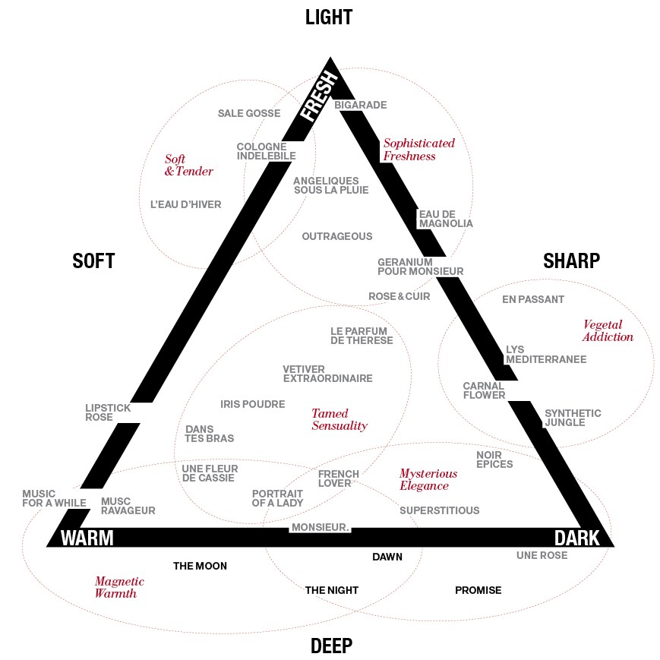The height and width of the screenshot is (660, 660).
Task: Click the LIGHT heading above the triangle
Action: pyautogui.click(x=329, y=17)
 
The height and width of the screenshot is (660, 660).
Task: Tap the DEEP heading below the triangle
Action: pyautogui.click(x=331, y=646)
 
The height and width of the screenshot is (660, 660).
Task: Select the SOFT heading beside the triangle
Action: pyautogui.click(x=93, y=261)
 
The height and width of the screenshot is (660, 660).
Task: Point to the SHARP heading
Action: pyautogui.click(x=572, y=261)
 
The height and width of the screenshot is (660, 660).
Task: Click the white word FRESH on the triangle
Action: pyautogui.click(x=319, y=96)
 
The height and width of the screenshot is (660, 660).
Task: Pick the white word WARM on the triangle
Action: pyautogui.click(x=87, y=538)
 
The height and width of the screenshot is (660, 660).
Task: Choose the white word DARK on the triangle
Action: pyautogui.click(x=576, y=538)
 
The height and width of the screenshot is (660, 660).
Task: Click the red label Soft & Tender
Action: pyautogui.click(x=188, y=165)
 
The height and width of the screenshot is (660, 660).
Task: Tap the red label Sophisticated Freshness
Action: pyautogui.click(x=418, y=150)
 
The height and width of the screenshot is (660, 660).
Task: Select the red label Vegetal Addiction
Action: pyautogui.click(x=608, y=330)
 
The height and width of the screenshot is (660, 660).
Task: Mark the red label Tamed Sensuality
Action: pyautogui.click(x=339, y=419)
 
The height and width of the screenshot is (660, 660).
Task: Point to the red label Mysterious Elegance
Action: pyautogui.click(x=428, y=479)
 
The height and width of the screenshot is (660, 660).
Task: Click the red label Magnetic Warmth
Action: pyautogui.click(x=119, y=587)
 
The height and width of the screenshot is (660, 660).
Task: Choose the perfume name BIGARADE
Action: pyautogui.click(x=360, y=105)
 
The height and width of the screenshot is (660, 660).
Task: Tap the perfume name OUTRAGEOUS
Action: pyautogui.click(x=337, y=236)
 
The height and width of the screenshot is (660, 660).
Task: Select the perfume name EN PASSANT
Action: pyautogui.click(x=533, y=299)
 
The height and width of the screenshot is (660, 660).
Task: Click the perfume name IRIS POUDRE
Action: pyautogui.click(x=253, y=404)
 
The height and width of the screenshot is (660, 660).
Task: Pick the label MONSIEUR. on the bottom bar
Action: pyautogui.click(x=321, y=527)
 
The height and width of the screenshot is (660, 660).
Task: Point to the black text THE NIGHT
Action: pyautogui.click(x=332, y=590)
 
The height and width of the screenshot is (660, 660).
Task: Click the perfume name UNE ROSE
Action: pyautogui.click(x=542, y=556)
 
